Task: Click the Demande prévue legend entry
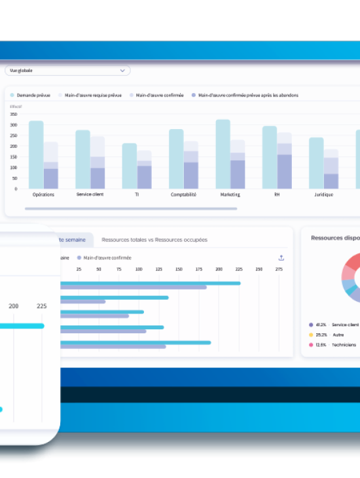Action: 33,95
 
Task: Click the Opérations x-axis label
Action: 43,194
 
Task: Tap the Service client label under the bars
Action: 90,194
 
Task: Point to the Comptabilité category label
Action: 184,194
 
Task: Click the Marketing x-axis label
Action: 230,194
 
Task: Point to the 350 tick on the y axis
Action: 13,114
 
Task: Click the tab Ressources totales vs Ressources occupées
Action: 154,240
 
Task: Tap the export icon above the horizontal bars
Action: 281,258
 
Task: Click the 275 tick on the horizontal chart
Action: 279,269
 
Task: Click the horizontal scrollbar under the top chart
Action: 131,209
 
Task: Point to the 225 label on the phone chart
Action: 41,306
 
